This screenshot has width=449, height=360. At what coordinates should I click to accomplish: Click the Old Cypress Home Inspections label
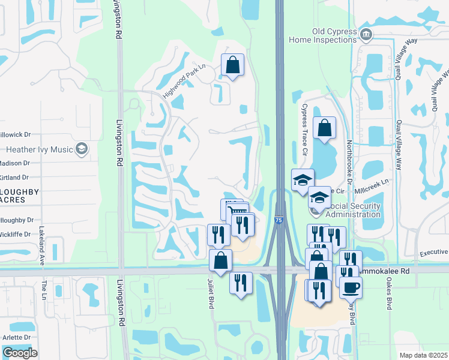tap(323, 35)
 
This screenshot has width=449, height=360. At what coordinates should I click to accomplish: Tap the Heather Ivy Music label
tap(39, 149)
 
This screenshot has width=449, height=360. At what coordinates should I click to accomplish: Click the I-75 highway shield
tap(279, 221)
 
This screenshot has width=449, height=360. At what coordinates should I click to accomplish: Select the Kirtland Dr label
tap(15, 178)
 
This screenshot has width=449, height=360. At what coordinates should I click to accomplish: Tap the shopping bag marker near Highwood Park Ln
tap(232, 64)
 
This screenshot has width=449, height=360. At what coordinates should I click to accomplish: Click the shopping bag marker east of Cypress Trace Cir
tap(324, 127)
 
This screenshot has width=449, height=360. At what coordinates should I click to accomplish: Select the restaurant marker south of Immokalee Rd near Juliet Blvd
tap(241, 283)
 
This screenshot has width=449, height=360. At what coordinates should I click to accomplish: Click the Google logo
tap(20, 353)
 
